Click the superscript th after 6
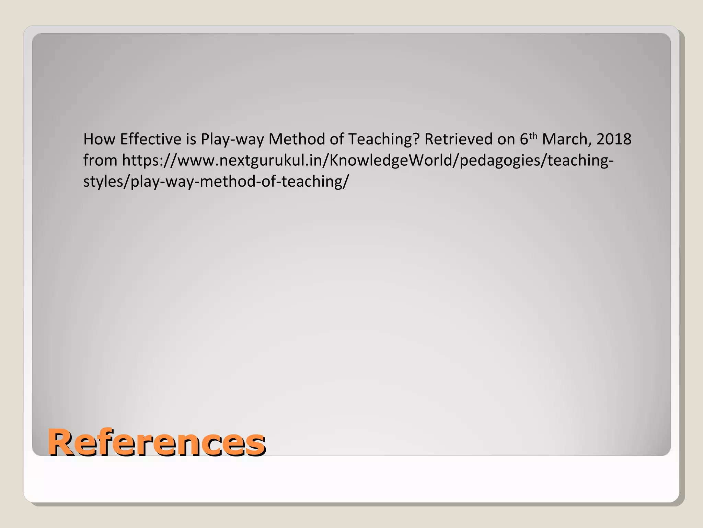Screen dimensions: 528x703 (x=533, y=136)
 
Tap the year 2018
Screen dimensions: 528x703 (x=614, y=139)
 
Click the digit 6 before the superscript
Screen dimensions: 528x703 (x=524, y=140)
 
